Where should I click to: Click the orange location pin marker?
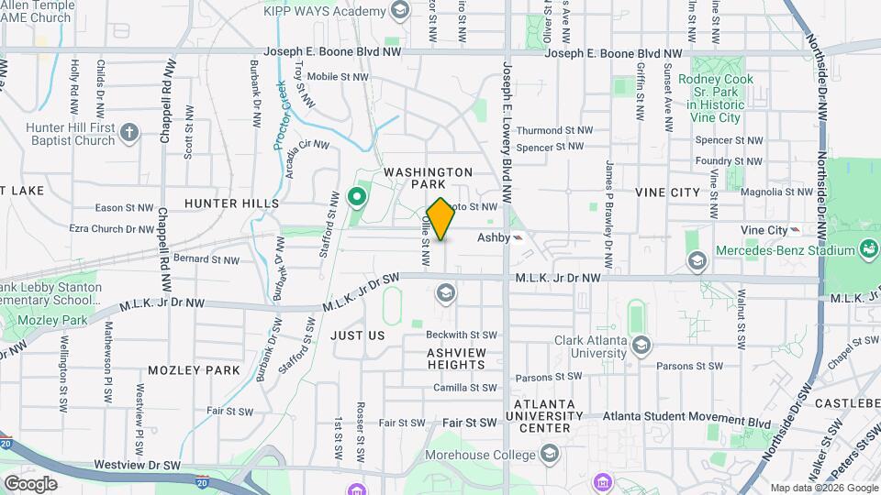click(440, 219)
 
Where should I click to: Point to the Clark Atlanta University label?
click(590, 346)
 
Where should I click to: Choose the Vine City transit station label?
click(764, 229)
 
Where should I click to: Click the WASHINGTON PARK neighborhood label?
click(428, 178)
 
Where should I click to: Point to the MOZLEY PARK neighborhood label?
click(194, 370)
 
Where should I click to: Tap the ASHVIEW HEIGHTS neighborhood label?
click(456, 357)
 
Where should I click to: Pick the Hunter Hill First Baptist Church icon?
click(128, 132)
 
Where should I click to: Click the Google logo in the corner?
click(30, 483)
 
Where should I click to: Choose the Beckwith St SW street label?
click(461, 335)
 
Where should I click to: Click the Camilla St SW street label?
click(464, 388)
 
